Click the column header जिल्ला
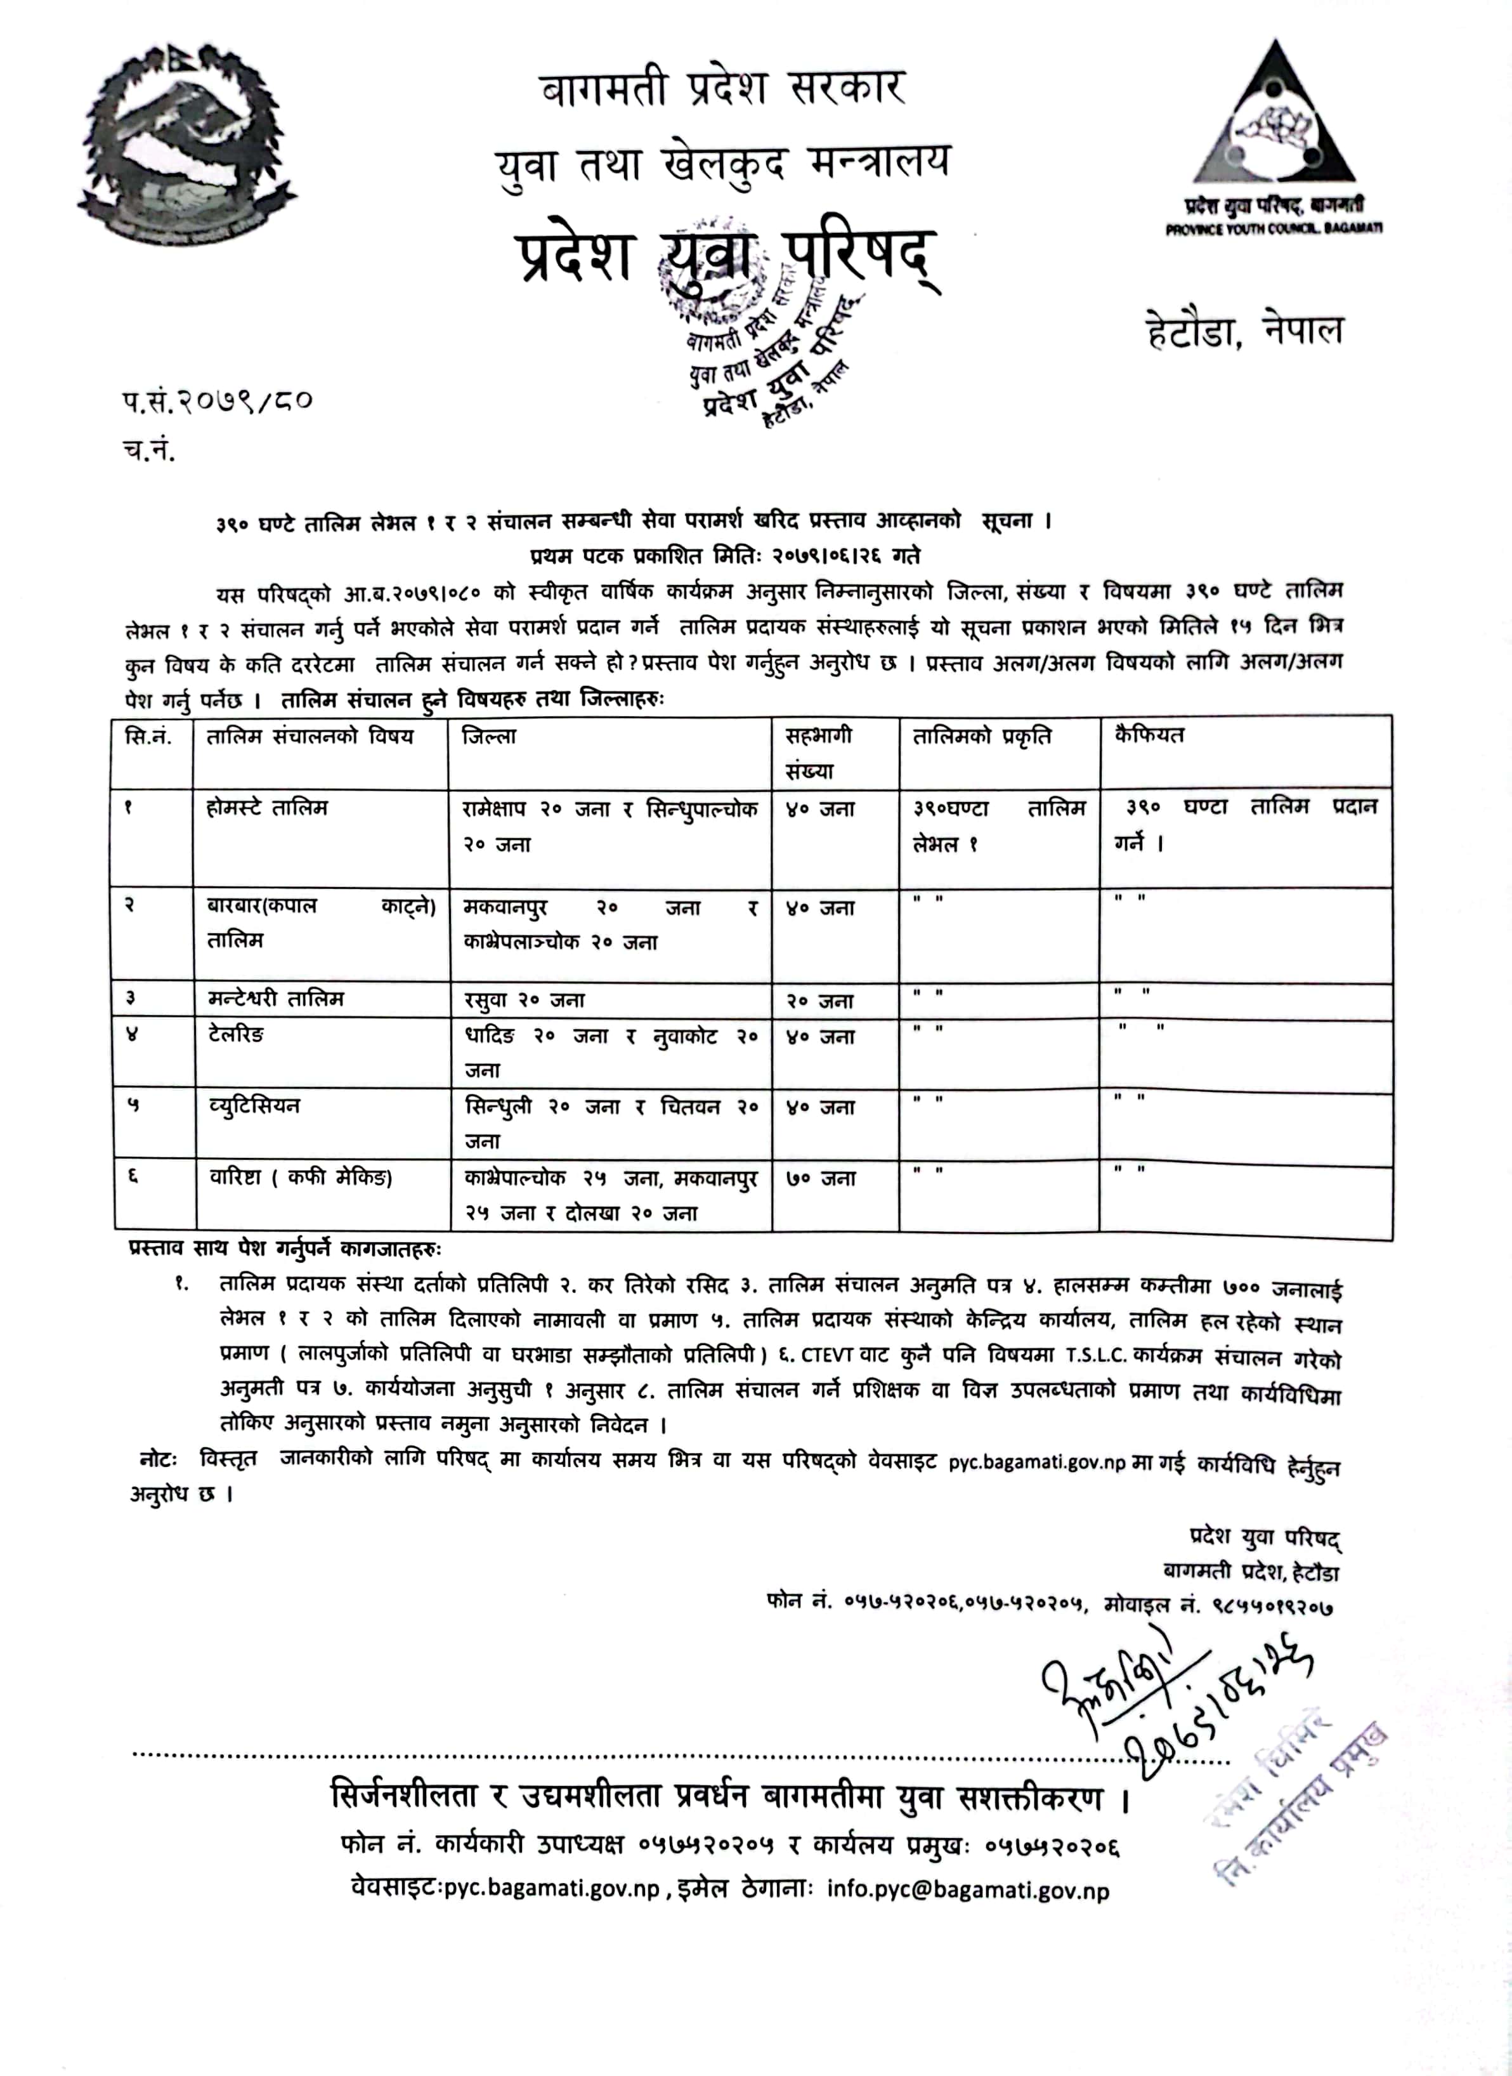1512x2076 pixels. click(x=490, y=737)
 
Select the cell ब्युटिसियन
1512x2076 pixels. click(x=254, y=1106)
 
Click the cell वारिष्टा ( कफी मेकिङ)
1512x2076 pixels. click(x=300, y=1178)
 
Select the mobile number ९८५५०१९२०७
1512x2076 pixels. click(x=1272, y=1605)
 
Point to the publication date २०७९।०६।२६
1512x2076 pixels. click(x=816, y=556)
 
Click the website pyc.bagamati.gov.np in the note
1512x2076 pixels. click(x=1036, y=1462)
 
